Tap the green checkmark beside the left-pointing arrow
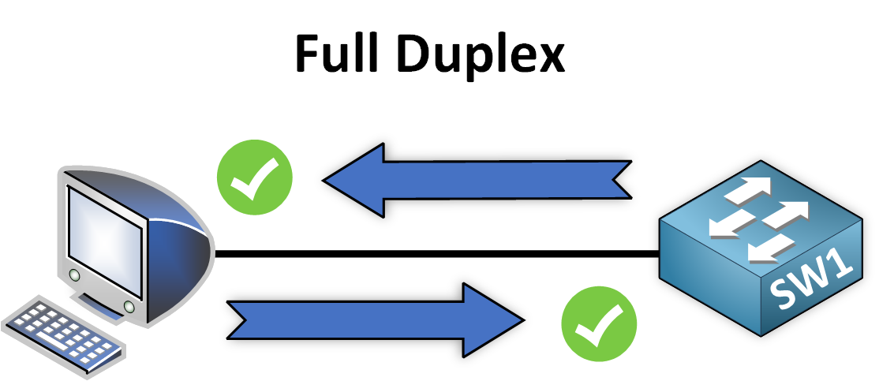(x=255, y=177)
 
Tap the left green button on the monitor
(x=74, y=275)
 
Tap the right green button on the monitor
(x=127, y=305)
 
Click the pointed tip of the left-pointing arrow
(x=326, y=180)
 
